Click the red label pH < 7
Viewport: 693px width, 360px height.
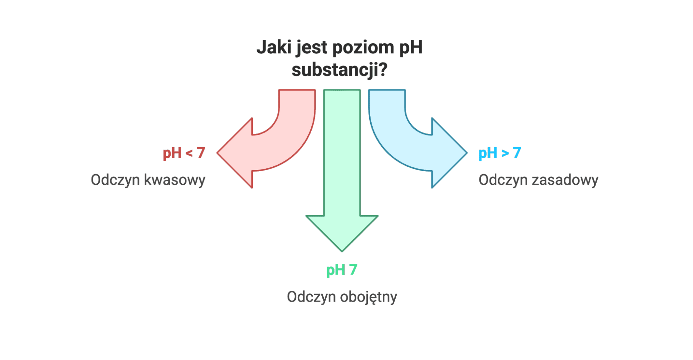click(184, 153)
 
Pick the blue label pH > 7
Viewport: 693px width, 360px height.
click(499, 153)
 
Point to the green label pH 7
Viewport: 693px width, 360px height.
click(341, 270)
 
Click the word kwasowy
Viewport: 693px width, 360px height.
click(174, 180)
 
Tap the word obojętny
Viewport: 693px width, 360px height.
click(368, 297)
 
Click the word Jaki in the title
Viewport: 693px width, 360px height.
click(274, 47)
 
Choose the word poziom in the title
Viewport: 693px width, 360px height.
click(363, 47)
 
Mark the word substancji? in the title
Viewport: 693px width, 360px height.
click(339, 70)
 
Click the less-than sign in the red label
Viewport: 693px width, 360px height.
click(189, 153)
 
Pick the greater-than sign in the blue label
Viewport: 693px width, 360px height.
click(505, 153)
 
